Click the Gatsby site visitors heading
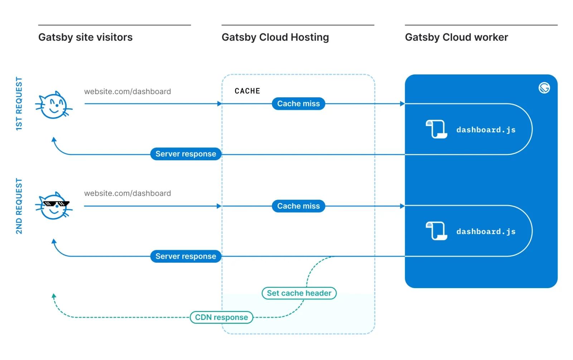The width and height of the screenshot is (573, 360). click(x=85, y=37)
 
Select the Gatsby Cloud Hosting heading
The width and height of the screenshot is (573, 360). click(x=275, y=37)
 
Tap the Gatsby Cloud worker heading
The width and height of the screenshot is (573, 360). click(x=456, y=37)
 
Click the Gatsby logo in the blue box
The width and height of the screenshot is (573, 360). click(x=544, y=88)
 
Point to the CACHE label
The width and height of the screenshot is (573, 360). click(x=247, y=91)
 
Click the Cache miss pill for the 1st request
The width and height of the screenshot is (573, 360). click(x=298, y=104)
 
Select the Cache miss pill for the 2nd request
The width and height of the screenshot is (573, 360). click(x=298, y=206)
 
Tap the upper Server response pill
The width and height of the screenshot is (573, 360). click(x=186, y=154)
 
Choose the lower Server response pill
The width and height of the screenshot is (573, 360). click(x=186, y=256)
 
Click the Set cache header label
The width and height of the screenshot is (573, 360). click(x=299, y=293)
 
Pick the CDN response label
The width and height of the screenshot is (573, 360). click(x=221, y=317)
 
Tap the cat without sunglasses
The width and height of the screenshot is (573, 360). click(x=54, y=105)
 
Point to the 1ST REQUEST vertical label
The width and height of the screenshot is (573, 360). click(x=19, y=104)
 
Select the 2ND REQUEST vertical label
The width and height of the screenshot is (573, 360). click(x=19, y=206)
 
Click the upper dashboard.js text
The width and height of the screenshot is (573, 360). click(x=486, y=130)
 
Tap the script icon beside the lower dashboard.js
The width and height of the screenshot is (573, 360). click(x=436, y=231)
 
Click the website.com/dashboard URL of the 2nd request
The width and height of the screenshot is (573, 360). click(x=127, y=193)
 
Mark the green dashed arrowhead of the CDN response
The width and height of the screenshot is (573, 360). click(x=54, y=296)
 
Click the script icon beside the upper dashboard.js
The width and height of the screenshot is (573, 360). click(x=436, y=129)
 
